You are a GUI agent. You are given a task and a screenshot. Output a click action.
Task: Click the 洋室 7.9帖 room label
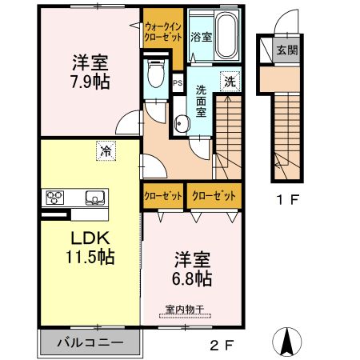90,71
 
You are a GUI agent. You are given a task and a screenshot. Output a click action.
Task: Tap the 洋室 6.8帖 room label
193,270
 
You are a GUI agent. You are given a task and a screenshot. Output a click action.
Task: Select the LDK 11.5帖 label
89,247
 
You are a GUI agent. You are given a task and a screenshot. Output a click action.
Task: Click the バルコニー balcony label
90,342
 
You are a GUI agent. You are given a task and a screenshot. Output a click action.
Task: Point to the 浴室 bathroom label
201,36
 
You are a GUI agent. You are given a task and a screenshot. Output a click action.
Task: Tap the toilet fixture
155,76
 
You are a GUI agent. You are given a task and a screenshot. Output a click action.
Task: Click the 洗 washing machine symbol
230,80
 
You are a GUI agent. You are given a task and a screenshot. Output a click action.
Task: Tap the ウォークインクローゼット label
162,30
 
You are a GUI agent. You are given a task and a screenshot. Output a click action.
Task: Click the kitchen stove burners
55,198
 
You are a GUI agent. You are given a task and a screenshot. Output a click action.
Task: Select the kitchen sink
94,198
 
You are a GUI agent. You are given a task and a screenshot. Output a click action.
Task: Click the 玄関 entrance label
286,50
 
